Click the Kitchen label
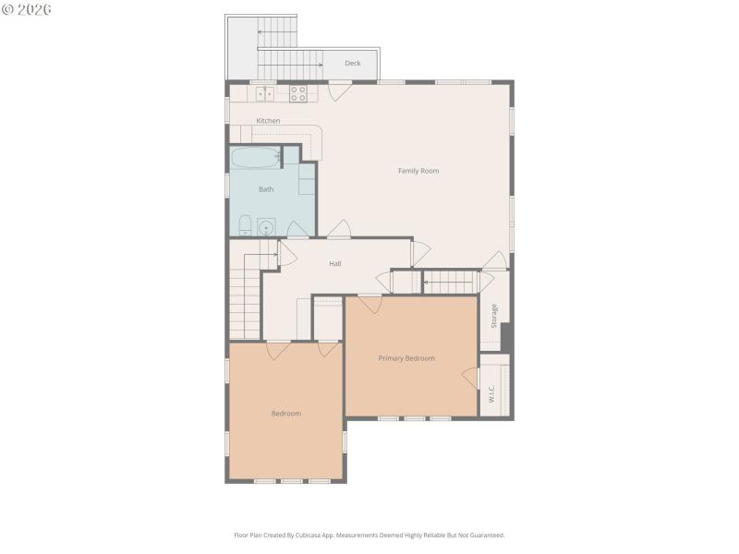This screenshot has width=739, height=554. [x=268, y=121]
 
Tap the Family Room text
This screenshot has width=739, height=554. [x=418, y=171]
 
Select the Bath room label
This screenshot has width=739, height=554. [x=266, y=189]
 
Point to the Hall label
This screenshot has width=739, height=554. [x=335, y=264]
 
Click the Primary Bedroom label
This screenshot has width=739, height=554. [x=406, y=358]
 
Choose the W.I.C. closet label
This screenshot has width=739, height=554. [x=492, y=393]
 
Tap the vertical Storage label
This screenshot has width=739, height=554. [x=494, y=316]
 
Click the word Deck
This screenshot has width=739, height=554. [x=353, y=64]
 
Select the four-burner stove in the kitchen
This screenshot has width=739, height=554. [x=298, y=93]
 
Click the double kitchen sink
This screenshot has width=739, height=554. [x=265, y=93]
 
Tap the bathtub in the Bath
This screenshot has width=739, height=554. [x=255, y=157]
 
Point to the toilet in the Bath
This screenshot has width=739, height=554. [x=245, y=225]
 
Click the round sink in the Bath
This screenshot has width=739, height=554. [x=267, y=225]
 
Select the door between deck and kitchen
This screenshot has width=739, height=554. [x=340, y=90]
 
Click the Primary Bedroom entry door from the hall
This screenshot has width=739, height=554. [x=370, y=303]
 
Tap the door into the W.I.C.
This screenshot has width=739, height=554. [x=471, y=378]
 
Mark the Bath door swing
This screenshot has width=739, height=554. [x=298, y=229]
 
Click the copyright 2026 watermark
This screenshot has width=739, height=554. [x=27, y=9]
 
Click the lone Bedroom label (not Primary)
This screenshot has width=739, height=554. [x=285, y=414]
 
